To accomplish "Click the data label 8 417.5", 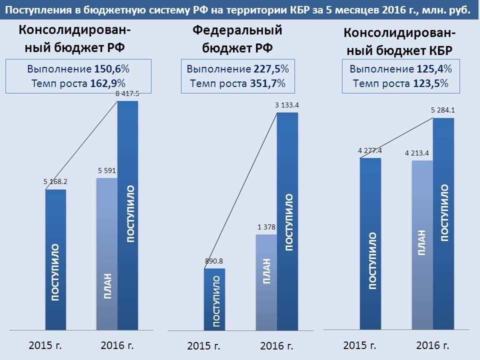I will (x=127, y=93).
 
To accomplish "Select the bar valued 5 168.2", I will (x=55, y=260).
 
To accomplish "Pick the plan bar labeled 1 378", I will (x=266, y=282).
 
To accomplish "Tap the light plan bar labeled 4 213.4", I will (x=422, y=245).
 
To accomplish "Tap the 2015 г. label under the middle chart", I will (x=204, y=346).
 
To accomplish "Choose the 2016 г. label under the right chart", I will (x=433, y=345).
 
